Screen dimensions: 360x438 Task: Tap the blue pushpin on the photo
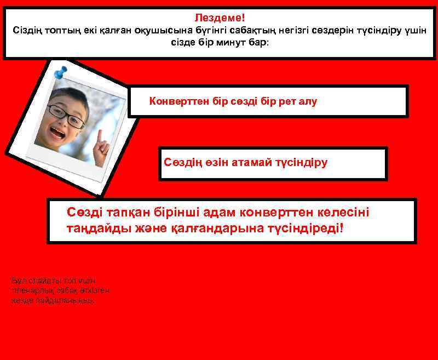click(61, 71)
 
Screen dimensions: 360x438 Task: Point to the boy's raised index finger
click(100, 136)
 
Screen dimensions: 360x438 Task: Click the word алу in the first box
click(308, 101)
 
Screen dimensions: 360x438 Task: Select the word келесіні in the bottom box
click(343, 212)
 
